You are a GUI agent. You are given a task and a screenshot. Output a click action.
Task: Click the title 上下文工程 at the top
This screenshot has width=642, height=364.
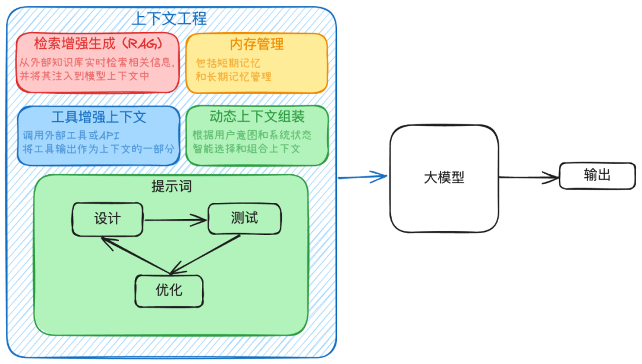click(169, 18)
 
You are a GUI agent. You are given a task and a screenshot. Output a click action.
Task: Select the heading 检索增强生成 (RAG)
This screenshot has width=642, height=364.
click(97, 44)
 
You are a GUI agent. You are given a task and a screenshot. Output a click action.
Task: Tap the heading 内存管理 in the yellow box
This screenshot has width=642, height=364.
click(256, 44)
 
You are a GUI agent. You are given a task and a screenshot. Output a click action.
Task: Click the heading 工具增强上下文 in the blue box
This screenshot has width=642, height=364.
click(99, 117)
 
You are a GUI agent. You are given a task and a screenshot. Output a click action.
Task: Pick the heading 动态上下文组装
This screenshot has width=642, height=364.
click(257, 117)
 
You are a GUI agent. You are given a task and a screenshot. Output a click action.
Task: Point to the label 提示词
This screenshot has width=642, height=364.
click(171, 187)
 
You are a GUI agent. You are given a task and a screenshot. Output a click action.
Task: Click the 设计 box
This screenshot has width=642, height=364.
click(108, 219)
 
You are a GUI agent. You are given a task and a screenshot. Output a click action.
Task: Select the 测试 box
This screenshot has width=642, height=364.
click(244, 218)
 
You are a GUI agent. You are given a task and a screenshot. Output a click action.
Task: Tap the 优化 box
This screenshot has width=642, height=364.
click(169, 290)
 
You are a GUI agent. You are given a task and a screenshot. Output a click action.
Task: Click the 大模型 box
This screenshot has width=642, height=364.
click(444, 178)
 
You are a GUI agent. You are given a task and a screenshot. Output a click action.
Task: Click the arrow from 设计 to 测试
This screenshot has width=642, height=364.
click(175, 221)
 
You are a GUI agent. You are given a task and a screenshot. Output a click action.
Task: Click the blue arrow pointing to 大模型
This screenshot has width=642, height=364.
click(362, 177)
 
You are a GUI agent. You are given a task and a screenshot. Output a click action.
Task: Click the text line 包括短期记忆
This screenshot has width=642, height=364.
click(228, 63)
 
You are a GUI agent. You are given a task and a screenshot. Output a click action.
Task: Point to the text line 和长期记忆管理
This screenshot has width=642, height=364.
click(234, 77)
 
